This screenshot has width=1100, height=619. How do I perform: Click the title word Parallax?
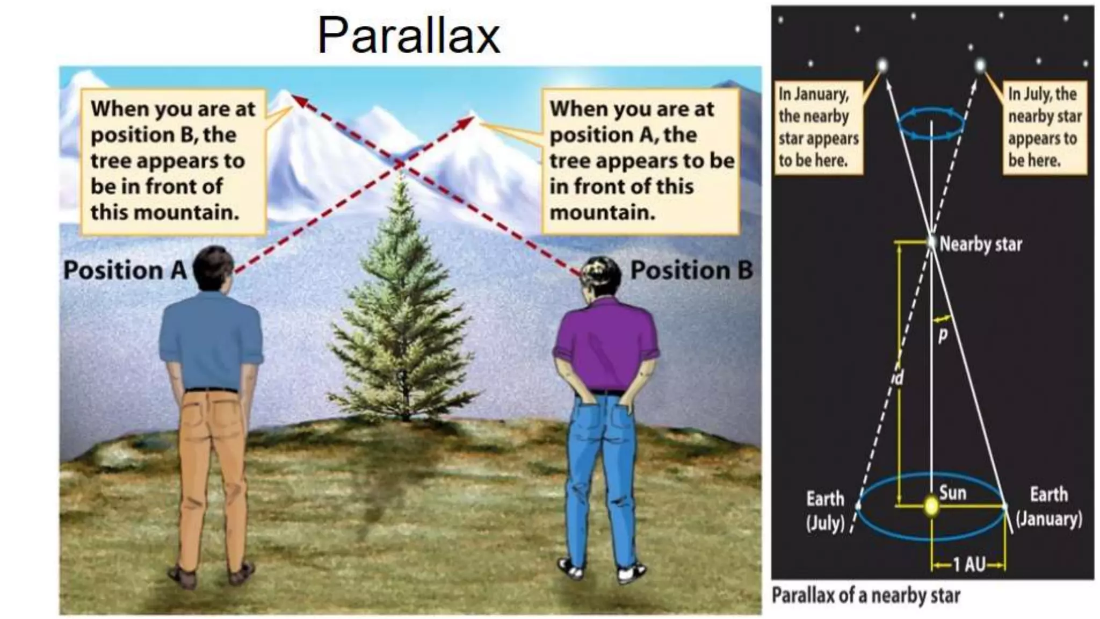(409, 36)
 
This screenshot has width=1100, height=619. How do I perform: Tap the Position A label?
(125, 270)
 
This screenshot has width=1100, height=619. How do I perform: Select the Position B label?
(692, 270)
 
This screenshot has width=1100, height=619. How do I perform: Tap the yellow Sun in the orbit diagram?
(931, 506)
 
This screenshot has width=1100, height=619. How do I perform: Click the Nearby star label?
(980, 244)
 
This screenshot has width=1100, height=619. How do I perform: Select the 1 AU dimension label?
(968, 565)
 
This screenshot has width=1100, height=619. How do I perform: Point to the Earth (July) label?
(825, 510)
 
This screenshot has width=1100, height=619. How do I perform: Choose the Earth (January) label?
(1048, 507)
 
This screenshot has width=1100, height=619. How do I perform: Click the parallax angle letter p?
(943, 335)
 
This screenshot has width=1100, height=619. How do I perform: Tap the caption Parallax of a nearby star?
(866, 596)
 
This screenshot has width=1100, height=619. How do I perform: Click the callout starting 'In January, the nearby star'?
(817, 127)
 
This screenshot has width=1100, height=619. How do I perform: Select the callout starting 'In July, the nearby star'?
(1044, 127)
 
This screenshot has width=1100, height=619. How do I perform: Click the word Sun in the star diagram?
(953, 493)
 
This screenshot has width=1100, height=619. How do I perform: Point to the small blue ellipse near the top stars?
(931, 124)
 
